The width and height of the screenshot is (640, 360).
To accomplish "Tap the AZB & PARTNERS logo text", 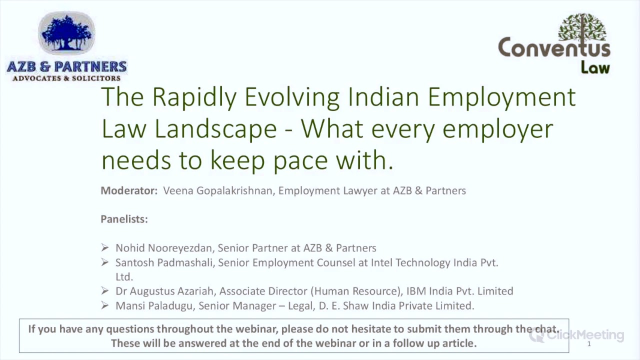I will point(66,66).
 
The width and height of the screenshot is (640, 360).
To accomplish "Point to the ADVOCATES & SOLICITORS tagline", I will point(66,78).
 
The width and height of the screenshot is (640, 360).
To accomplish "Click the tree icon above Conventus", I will point(582,27).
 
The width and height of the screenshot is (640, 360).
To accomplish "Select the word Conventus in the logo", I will point(554,48).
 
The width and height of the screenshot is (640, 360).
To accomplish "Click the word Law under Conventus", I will point(595,67).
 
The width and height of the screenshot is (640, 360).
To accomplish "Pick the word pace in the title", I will point(300,160).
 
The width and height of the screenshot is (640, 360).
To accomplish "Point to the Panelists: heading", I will point(124,219).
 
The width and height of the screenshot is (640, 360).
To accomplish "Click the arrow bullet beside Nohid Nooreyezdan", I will point(104,247).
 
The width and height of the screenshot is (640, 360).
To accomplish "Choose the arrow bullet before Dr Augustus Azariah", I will point(104,290).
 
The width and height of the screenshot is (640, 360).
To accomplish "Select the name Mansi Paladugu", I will point(153,305).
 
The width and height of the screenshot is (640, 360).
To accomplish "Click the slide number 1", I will point(589,344).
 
